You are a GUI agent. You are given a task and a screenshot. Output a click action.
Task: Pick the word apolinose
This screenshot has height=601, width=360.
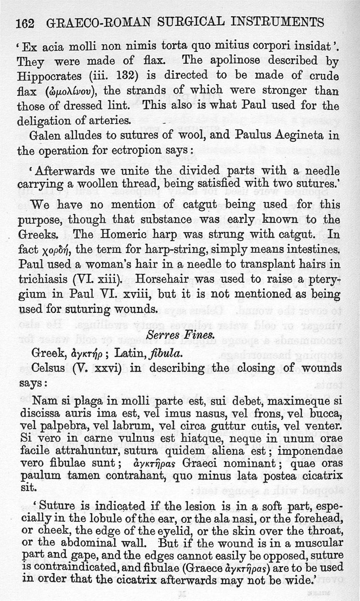pos(220,60)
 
